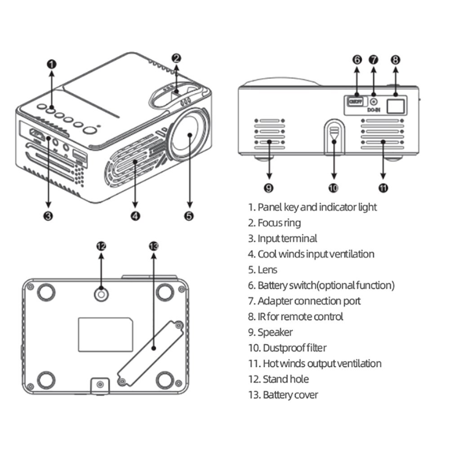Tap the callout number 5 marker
tap(189, 216)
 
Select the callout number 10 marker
tap(333, 188)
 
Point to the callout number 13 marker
tap(154, 246)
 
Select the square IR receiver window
tap(395, 105)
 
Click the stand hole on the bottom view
tap(101, 294)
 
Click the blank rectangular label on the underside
tap(106, 334)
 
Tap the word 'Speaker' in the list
tap(275, 333)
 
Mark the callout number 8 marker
tap(395, 59)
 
